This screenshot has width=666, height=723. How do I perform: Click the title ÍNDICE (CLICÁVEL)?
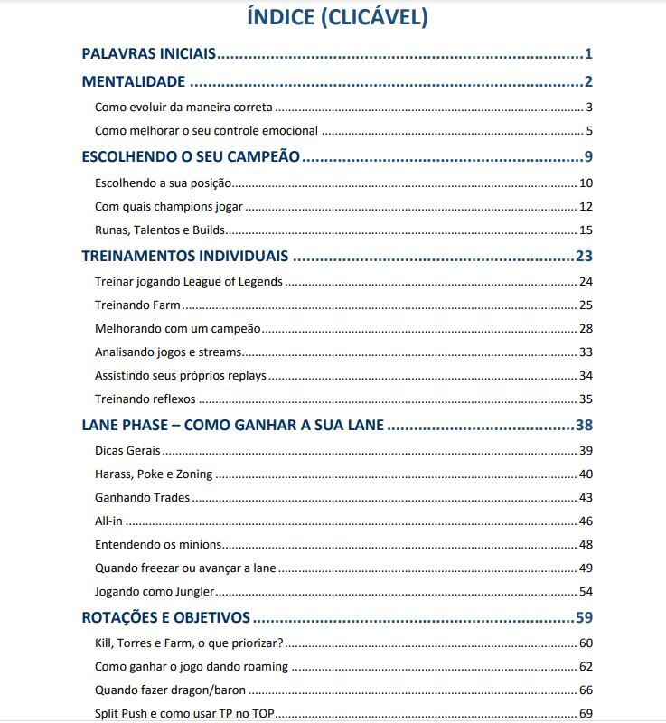coord(337,16)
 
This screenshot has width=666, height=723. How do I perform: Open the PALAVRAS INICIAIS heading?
coord(149,54)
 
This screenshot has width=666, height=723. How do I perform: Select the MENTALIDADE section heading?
coord(134,82)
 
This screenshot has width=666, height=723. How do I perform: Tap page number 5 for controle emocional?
coord(588,131)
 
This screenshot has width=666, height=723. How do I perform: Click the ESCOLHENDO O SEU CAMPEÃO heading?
coord(191,156)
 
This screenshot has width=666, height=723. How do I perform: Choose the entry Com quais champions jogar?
coord(168,207)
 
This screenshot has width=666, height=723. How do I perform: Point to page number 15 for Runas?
coord(586,230)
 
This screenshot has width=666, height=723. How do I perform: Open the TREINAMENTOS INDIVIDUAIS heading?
coord(185,256)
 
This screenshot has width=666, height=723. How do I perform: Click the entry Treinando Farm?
coord(138,305)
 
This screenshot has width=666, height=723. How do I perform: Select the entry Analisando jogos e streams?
coord(167,352)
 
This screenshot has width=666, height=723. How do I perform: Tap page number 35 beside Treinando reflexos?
coord(586,399)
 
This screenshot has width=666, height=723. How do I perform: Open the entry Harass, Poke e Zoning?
coord(153,474)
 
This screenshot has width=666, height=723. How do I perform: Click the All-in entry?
coord(108,521)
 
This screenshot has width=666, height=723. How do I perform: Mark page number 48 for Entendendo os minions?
coord(586,544)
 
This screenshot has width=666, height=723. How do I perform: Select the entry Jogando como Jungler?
coord(154,592)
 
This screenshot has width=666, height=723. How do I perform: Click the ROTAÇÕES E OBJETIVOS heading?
coord(166,618)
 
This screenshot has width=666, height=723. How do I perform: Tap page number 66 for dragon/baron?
coord(586,690)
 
